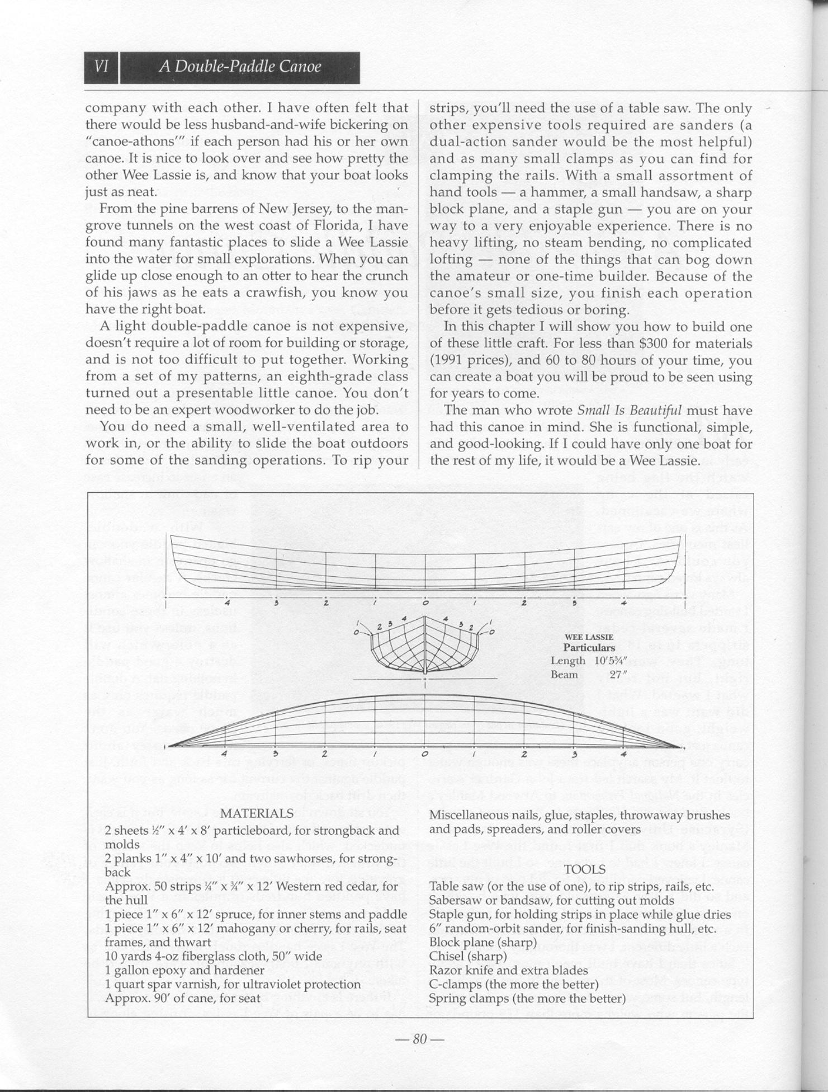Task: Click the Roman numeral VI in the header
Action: coord(101,67)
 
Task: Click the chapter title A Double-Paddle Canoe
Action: coord(240,67)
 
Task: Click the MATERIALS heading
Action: coord(257,813)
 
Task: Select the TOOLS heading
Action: coord(585,869)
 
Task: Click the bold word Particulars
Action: coord(589,648)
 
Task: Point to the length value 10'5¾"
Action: coord(613,661)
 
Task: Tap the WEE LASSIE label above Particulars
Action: coord(589,637)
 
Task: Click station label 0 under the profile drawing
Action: coord(425,603)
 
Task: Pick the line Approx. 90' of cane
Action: coord(182,998)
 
